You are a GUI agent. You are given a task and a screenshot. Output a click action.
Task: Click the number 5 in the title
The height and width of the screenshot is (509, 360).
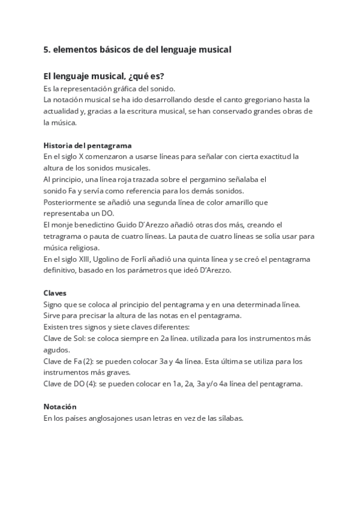pos(46,50)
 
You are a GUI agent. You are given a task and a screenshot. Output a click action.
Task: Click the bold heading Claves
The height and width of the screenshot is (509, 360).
pos(55,293)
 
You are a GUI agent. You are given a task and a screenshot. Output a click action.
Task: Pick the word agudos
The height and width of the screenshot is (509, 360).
pos(57,350)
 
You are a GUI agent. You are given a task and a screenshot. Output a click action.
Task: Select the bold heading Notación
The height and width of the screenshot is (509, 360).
pos(60,407)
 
